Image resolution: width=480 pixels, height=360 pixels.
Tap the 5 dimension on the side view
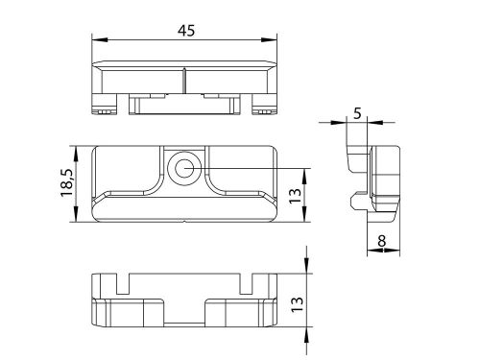pyautogui.click(x=357, y=112)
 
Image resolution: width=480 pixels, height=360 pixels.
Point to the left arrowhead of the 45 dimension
pyautogui.click(x=98, y=40)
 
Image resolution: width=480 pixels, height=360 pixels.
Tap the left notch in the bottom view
pyautogui.click(x=121, y=282)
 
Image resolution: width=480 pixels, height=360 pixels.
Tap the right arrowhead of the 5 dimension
pyautogui.click(x=370, y=123)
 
